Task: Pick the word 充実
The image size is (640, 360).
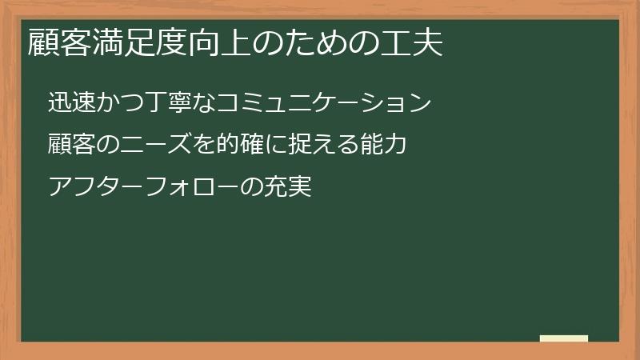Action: [287, 189]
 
